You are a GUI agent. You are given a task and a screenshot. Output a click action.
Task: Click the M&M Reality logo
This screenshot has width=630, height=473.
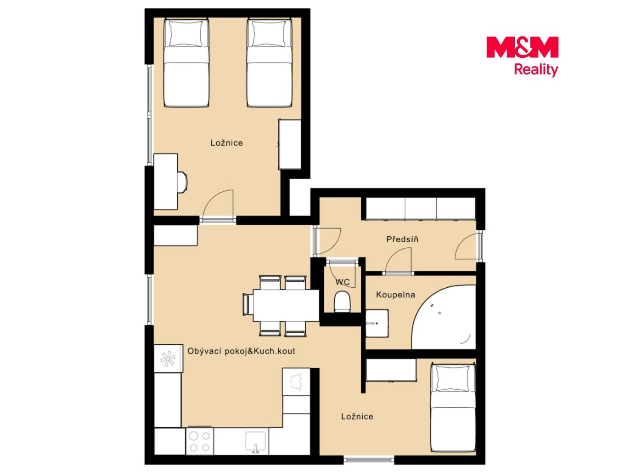tap(522, 57)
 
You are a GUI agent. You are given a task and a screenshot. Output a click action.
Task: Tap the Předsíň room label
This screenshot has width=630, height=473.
tap(402, 239)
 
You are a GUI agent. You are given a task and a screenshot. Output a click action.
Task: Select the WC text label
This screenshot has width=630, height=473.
tap(343, 282)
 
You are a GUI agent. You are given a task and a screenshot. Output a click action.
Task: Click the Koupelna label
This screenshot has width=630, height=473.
tap(395, 295)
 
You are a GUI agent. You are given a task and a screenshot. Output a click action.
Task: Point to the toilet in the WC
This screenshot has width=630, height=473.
tap(342, 302)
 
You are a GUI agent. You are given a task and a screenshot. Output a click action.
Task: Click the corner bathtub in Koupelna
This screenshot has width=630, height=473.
tap(444, 317)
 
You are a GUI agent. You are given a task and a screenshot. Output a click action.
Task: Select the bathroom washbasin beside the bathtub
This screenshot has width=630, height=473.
tap(377, 323)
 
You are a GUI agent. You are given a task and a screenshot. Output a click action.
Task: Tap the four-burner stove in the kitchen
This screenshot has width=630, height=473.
tap(200, 441)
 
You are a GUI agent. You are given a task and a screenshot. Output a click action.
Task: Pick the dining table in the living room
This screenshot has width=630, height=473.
tap(286, 306)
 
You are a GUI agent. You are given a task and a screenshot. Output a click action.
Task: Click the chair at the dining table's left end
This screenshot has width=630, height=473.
tap(247, 305)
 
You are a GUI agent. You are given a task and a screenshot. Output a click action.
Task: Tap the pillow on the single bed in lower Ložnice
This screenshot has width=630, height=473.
tap(452, 378)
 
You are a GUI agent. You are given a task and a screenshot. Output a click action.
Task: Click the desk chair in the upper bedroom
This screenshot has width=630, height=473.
tap(182, 182)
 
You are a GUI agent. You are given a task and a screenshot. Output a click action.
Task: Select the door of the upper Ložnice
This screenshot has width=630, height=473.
tap(218, 205)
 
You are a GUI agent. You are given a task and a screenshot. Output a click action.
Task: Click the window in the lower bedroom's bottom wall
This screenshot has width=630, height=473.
tap(369, 460)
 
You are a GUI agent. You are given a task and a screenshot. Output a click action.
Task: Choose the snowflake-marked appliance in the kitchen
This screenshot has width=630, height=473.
tap(168, 359)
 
